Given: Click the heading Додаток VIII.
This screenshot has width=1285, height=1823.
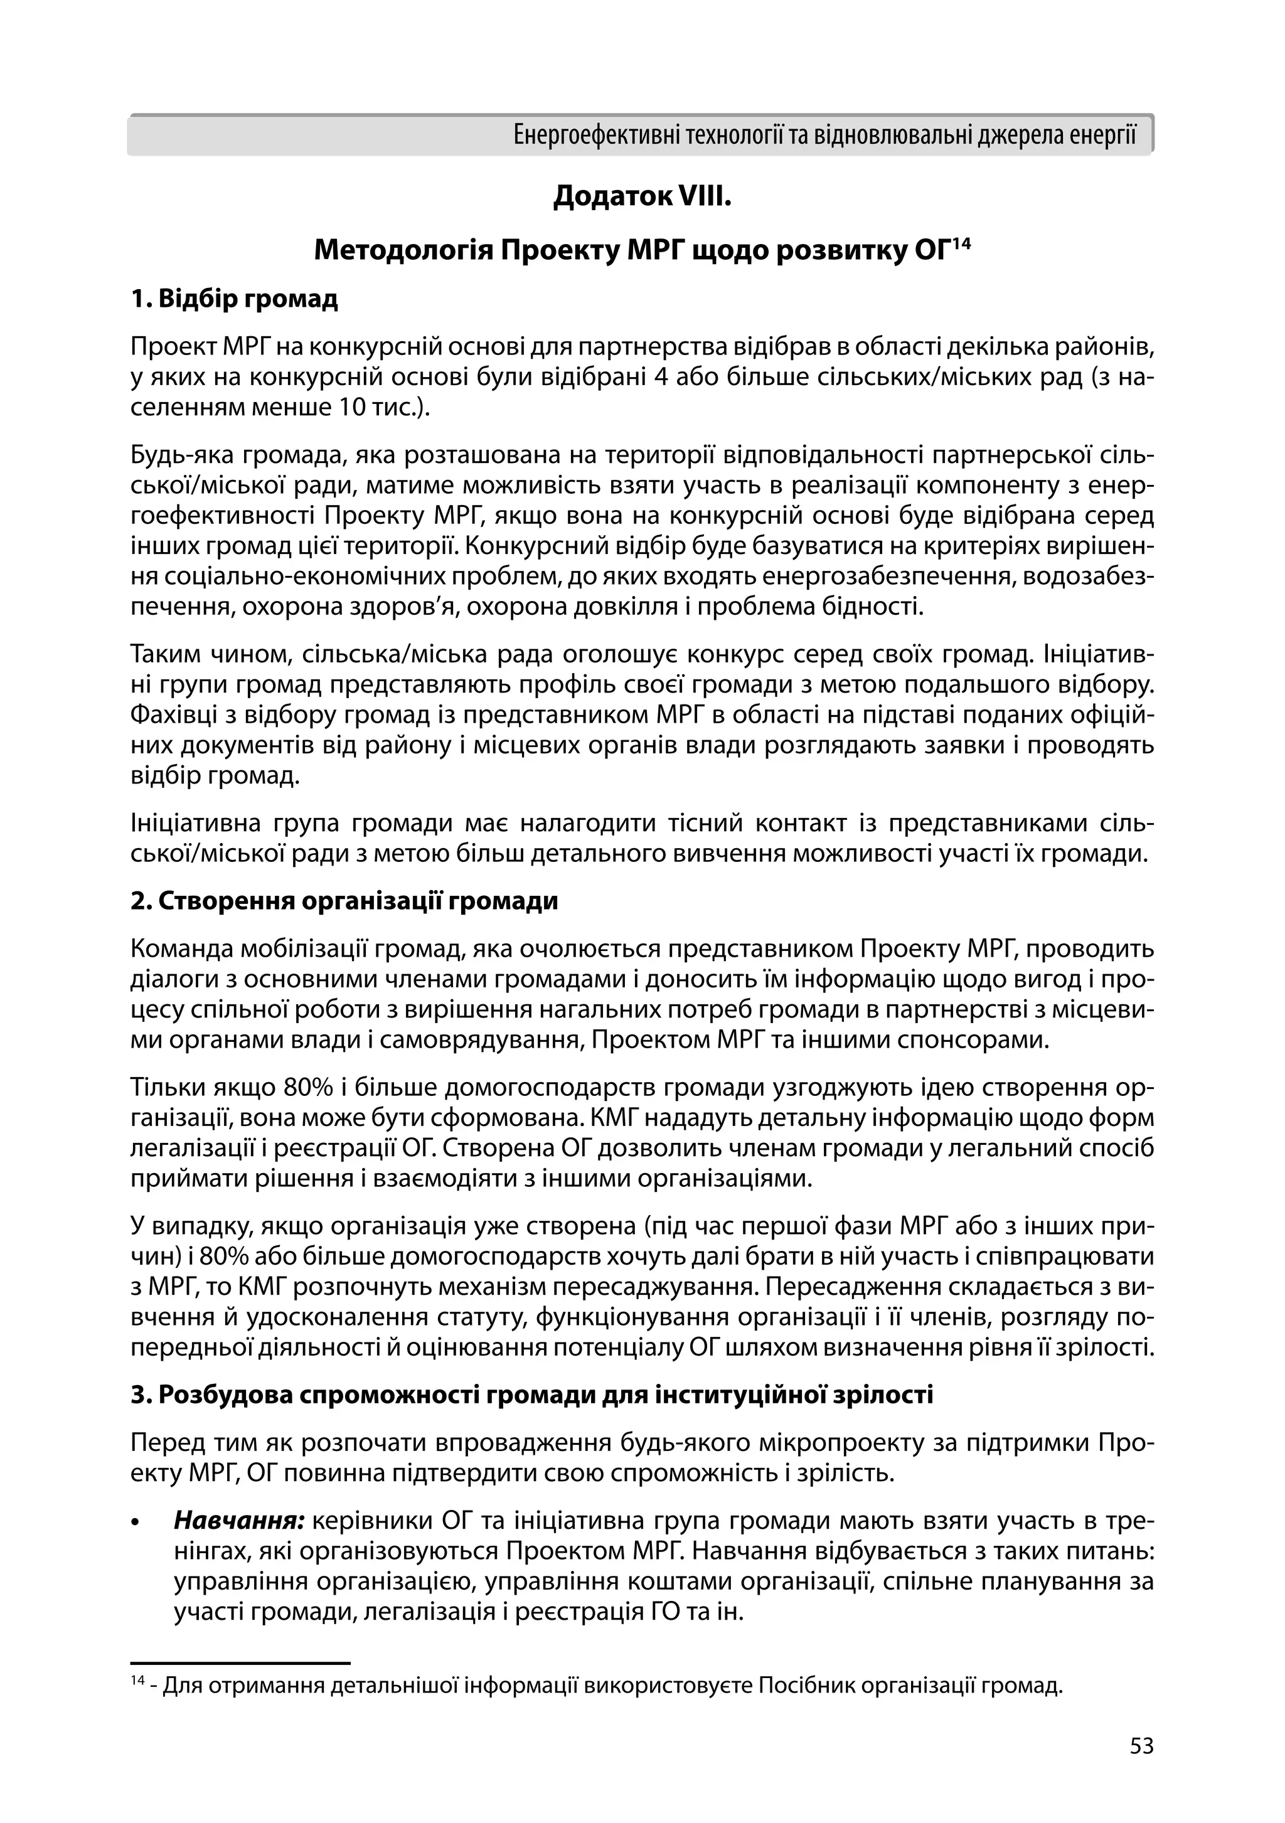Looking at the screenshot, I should tap(642, 196).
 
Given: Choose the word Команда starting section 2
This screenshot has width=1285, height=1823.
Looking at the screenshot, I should tap(181, 949).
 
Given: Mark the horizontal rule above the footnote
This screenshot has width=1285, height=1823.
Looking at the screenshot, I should tap(240, 1662).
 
